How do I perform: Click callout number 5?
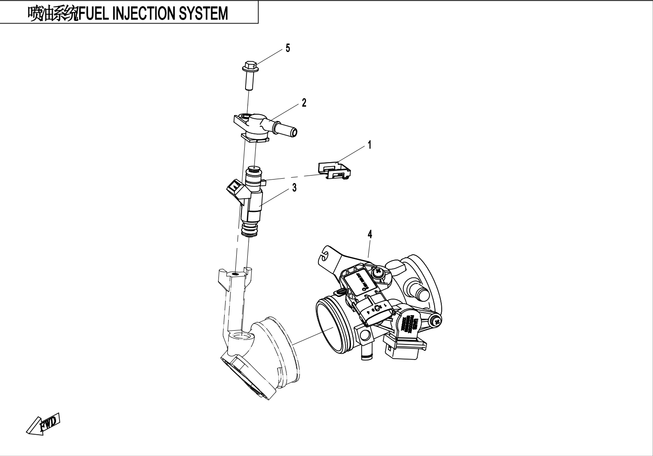tap(288, 48)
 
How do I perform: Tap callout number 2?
tap(304, 103)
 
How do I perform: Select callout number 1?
tap(369, 145)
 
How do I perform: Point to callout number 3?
tap(294, 188)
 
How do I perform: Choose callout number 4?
tap(370, 234)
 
